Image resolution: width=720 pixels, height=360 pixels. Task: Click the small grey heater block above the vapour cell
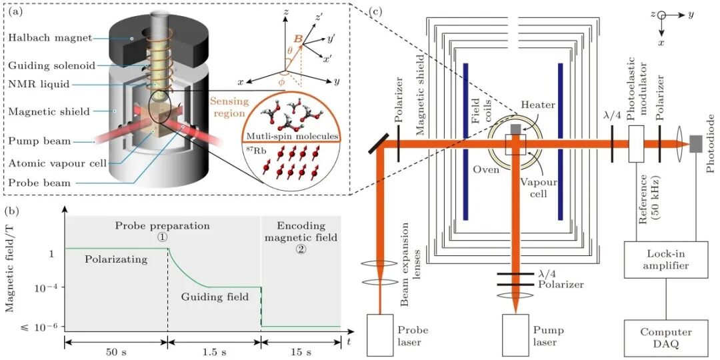point(515,129)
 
